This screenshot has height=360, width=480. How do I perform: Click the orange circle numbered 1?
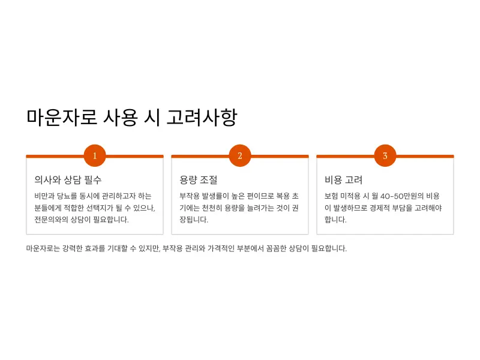[95, 155]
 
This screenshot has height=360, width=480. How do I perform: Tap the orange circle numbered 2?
[240, 155]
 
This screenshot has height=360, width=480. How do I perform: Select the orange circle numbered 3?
[385, 155]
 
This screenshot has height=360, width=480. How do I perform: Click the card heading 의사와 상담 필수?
[68, 179]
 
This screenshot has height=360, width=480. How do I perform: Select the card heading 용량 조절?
[198, 179]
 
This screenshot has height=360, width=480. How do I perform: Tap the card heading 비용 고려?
[343, 179]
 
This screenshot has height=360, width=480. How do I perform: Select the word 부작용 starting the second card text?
[190, 196]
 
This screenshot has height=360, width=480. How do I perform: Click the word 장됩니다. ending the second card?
[194, 220]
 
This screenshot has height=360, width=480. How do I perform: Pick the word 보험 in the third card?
[331, 196]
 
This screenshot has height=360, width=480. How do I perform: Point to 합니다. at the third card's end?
[335, 220]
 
